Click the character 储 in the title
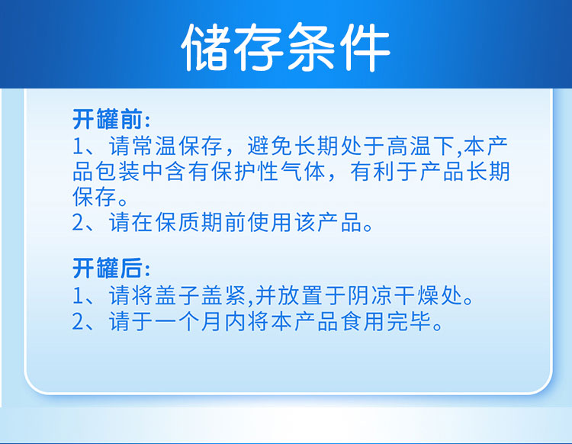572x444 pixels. click(x=206, y=47)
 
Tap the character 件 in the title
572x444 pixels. click(x=365, y=47)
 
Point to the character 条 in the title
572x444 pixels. click(x=312, y=47)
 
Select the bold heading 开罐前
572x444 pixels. click(x=107, y=119)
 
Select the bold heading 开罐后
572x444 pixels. click(x=107, y=268)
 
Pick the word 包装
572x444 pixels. click(x=117, y=172)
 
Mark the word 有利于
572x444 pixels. click(x=384, y=172)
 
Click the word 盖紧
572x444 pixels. click(x=223, y=295)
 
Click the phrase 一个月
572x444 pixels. click(x=188, y=321)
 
